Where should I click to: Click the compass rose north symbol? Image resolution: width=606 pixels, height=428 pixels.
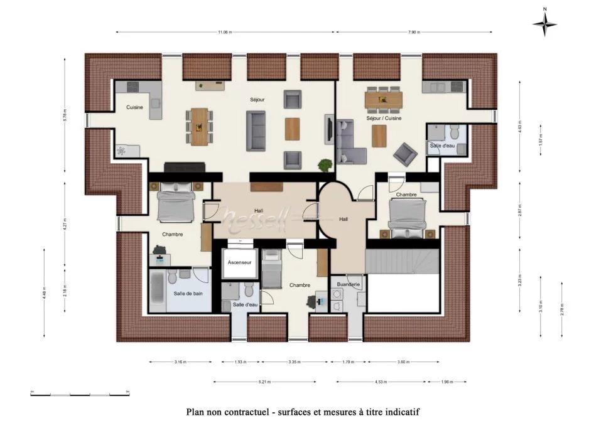coord(544,24)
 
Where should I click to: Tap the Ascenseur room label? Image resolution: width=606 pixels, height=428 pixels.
coord(240,262)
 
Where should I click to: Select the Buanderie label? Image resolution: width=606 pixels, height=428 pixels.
coord(348,284)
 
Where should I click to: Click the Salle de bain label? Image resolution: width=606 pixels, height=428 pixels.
coord(188,293)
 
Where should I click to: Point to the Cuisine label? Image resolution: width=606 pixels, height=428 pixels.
coord(134,107)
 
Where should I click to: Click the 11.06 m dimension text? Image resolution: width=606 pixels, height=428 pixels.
coord(225,32)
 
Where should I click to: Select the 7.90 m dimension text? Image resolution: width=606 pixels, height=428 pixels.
coord(414,32)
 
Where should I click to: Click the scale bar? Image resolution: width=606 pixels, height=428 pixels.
coord(80,394)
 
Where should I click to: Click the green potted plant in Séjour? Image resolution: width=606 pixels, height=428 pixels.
coord(325,166)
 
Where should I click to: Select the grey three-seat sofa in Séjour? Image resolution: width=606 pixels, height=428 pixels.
coord(256,131)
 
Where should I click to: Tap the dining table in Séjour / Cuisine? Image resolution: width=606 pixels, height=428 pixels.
coord(384,99)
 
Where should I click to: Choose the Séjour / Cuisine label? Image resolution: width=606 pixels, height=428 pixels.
coord(384,118)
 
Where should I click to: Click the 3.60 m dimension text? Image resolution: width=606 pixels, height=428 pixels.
coord(403,362)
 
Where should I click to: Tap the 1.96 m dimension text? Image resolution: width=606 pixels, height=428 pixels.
coord(446,382)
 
